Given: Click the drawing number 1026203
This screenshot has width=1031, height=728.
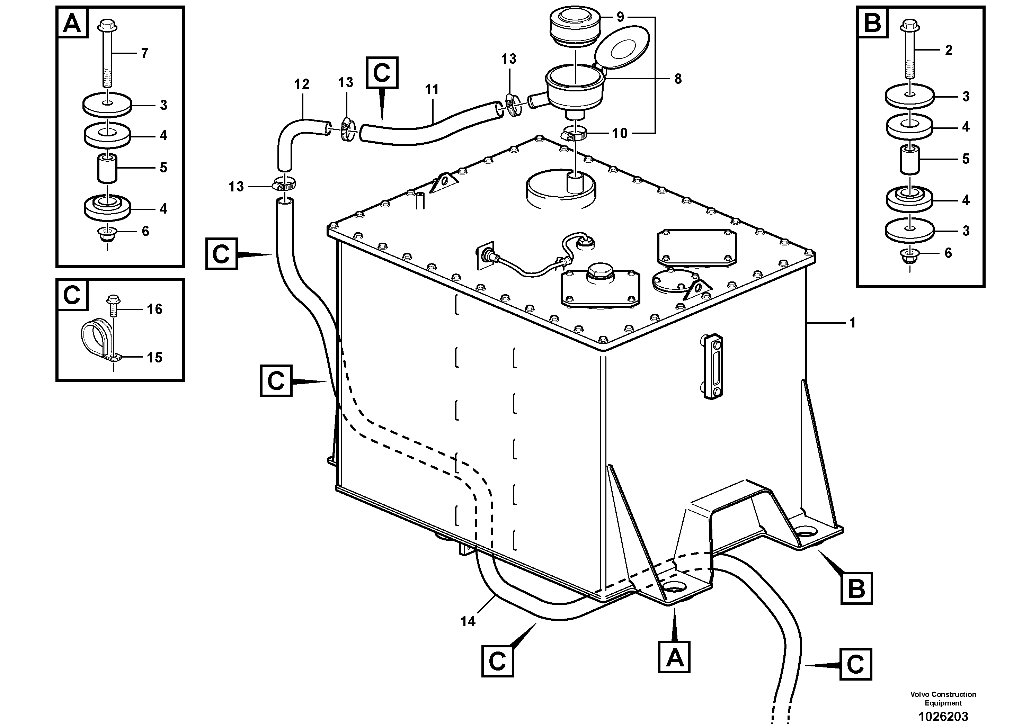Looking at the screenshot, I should coord(943,716).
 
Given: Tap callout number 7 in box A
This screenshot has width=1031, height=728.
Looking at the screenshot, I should coord(144,53).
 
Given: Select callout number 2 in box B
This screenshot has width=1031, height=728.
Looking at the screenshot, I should coord(948,50).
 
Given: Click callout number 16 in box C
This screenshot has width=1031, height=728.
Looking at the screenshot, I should coord(154,309).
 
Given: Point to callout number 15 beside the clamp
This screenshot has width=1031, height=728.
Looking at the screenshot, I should coord(154,357).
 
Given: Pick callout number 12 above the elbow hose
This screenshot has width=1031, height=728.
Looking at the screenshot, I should coord(302,84).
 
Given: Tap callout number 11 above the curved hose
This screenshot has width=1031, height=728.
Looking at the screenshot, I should coord(432,89).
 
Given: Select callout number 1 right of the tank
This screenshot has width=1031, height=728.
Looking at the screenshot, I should coord(852,322).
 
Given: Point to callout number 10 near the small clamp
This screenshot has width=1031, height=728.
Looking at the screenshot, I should coord(620,133).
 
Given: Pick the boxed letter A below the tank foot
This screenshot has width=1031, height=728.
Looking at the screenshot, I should coord(674,657).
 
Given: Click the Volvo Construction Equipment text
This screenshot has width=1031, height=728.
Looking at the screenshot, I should coord(943,698).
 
